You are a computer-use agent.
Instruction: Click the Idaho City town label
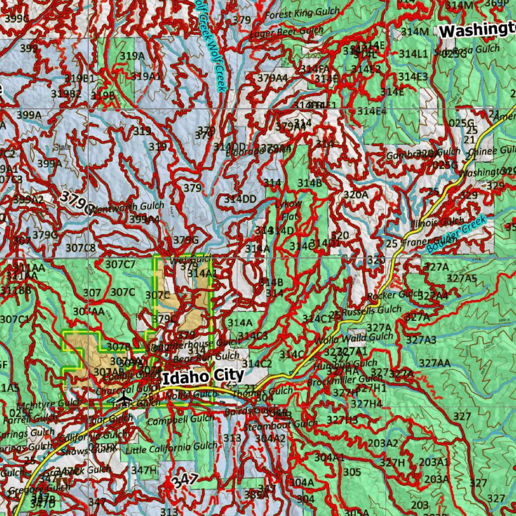[x=203, y=376]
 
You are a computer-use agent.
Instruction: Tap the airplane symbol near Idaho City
[x=123, y=400]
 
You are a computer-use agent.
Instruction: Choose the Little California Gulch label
[x=172, y=447]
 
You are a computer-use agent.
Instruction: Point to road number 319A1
[x=147, y=76]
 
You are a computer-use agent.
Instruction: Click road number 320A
[x=356, y=195]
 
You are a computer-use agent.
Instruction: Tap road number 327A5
[x=462, y=278]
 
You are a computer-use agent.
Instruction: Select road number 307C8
[x=81, y=247]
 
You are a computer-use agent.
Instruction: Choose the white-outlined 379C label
[x=76, y=200]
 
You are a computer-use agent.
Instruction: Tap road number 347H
[x=144, y=470]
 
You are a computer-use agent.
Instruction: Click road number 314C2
[x=257, y=364]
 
